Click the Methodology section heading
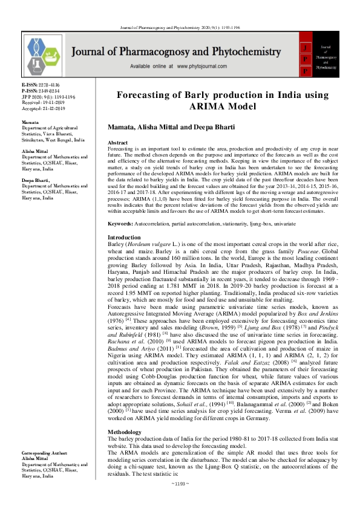[126, 400]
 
